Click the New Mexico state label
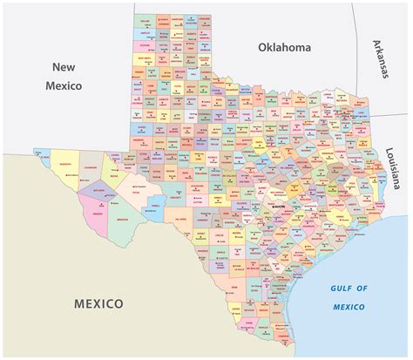tap(66, 76)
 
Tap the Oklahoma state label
tap(284, 48)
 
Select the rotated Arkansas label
tap(380, 59)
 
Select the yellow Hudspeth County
tap(64, 166)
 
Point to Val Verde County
tap(181, 217)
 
